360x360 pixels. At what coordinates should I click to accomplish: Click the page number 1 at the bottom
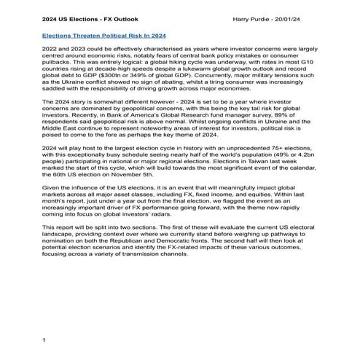click(x=44, y=340)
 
